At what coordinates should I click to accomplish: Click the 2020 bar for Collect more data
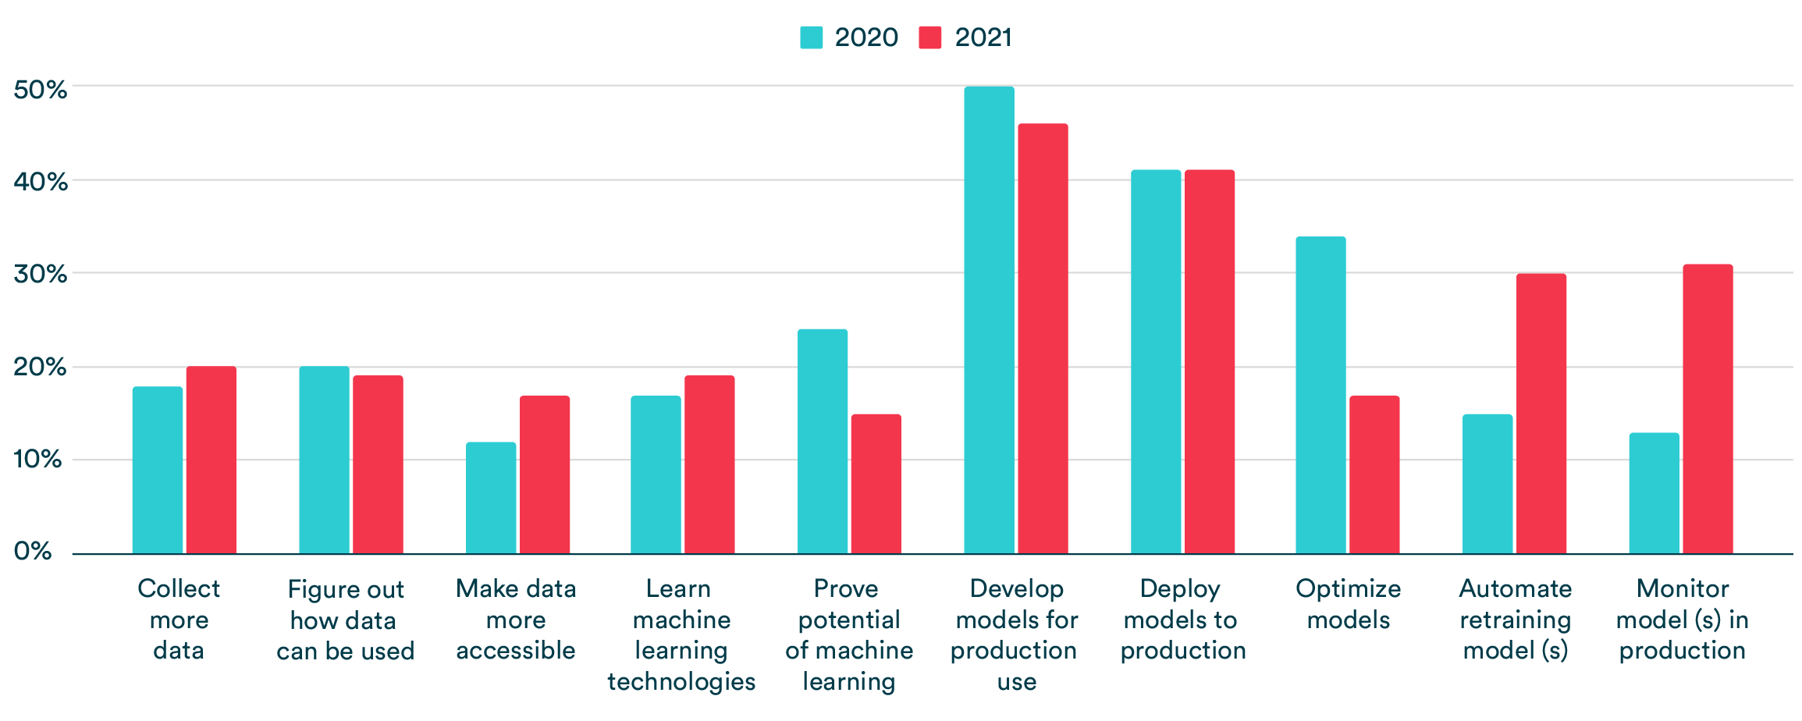point(158,470)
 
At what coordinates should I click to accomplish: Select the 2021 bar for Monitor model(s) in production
point(1708,409)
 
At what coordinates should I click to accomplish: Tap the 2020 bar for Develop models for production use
point(989,320)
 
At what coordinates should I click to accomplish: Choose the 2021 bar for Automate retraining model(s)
point(1541,414)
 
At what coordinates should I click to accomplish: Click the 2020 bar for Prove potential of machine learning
point(823,442)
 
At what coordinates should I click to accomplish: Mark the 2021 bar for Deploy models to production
point(1210,361)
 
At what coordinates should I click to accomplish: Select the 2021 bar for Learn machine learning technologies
point(709,464)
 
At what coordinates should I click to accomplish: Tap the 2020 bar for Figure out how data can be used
point(324,460)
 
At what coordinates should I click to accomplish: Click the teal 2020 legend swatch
point(811,37)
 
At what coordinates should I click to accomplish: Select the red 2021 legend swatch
point(930,37)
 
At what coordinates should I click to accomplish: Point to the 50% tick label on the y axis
point(41,90)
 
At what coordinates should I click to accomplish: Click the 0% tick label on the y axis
point(33,552)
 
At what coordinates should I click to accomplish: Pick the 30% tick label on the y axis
point(41,274)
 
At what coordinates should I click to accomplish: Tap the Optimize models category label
point(1348,604)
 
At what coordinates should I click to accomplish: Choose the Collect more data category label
point(179,620)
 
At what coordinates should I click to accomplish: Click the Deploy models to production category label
point(1182,620)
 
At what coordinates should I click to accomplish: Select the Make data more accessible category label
point(516,620)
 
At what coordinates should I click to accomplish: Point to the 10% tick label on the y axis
point(37,459)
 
